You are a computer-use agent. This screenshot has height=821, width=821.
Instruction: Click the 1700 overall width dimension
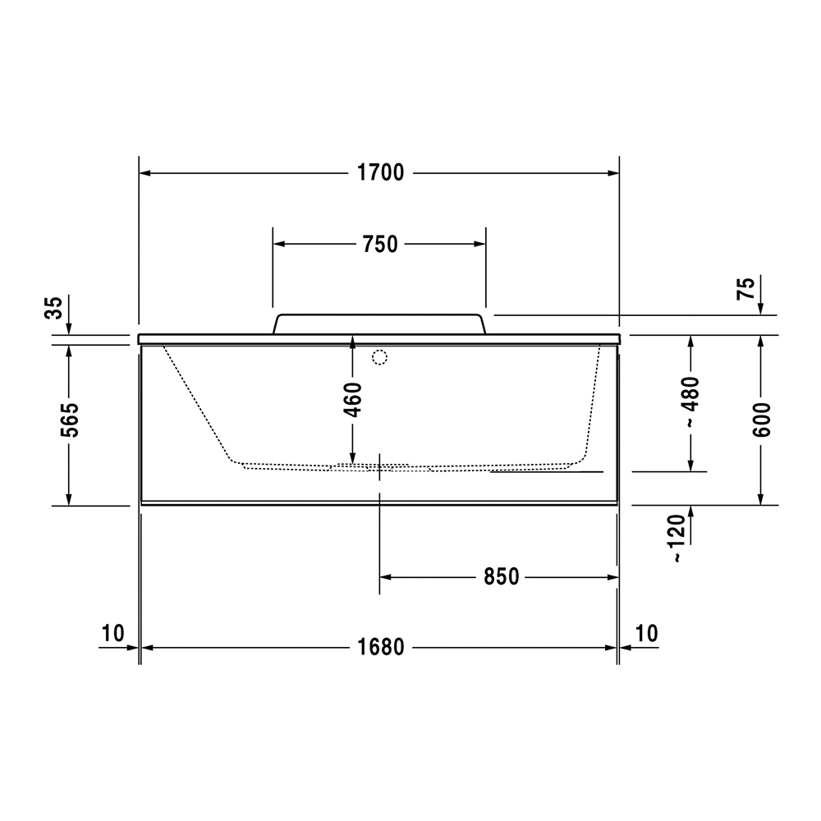[381, 172]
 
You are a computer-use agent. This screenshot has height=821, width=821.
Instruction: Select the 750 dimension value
[380, 245]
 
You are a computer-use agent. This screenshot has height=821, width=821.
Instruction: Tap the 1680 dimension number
[381, 647]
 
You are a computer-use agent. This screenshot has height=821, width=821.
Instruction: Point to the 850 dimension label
[501, 577]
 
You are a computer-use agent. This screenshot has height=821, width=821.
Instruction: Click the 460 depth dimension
[354, 400]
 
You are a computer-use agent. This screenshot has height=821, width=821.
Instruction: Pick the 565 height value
[69, 420]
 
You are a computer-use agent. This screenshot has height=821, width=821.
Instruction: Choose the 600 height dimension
[763, 420]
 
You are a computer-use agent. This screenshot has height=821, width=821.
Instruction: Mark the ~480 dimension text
[691, 401]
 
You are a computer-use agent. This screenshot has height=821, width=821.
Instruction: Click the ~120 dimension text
[677, 539]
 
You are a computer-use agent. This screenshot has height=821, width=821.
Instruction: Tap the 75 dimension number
[746, 288]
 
